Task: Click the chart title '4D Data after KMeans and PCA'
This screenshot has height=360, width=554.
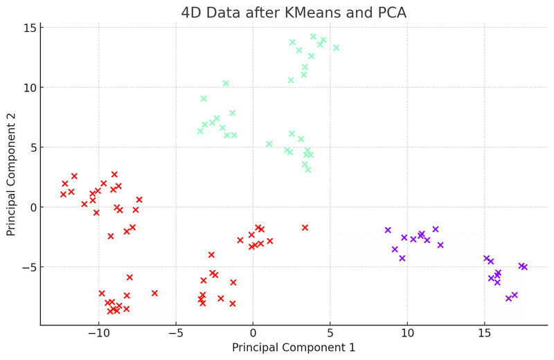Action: coord(294,12)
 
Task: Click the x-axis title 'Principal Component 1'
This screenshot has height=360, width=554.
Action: coord(294,347)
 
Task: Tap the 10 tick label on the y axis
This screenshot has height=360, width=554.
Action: coord(28,88)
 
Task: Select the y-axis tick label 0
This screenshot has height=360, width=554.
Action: coord(31,207)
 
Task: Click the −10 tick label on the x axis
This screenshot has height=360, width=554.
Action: coord(98,333)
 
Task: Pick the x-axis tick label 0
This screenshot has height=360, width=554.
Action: coord(253,333)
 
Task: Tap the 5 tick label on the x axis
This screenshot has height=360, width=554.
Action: coord(330,333)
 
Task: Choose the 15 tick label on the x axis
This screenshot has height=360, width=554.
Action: coord(484,333)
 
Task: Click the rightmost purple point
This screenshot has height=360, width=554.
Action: coord(524,267)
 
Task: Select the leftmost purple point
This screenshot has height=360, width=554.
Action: coord(388,230)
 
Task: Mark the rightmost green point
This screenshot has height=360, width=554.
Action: coord(337,48)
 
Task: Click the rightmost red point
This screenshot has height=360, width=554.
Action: coord(305,227)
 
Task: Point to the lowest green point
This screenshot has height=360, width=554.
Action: coord(308,170)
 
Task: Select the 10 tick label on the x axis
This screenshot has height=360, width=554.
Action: coord(406,333)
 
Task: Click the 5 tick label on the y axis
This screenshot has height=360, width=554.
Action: coord(31,147)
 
